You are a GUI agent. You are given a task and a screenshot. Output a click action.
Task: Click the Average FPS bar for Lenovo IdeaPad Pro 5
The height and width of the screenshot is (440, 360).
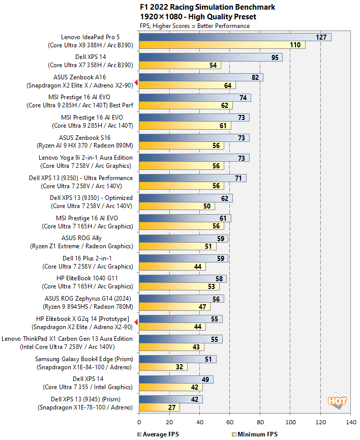(x=234, y=37)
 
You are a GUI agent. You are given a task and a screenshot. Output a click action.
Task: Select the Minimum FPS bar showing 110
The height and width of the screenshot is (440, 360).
(x=221, y=45)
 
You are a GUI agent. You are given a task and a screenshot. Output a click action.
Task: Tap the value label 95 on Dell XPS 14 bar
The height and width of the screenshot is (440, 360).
(x=275, y=57)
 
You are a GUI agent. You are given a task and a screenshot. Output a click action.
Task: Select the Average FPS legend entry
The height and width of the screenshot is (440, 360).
(x=158, y=434)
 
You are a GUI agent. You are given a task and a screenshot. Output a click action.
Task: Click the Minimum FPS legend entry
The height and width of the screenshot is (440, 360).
(x=254, y=434)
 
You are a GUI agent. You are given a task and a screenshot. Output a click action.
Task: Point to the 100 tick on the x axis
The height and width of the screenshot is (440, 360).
(x=290, y=422)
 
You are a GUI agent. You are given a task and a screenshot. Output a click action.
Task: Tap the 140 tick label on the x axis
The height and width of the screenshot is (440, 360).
(x=350, y=422)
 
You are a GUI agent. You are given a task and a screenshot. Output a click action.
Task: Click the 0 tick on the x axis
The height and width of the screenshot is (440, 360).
(x=139, y=422)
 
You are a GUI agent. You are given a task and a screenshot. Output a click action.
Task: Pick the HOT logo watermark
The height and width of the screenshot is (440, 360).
(x=337, y=401)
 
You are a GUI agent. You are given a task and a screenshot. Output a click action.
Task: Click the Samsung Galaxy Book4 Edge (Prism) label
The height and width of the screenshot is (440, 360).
(x=84, y=359)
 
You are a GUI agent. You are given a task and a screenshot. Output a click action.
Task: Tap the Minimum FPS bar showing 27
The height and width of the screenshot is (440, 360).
(x=159, y=407)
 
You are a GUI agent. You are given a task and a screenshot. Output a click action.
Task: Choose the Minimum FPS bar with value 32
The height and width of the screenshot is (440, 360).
(x=163, y=367)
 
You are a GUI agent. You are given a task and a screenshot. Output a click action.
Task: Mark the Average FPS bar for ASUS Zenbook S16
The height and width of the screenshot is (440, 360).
(x=193, y=138)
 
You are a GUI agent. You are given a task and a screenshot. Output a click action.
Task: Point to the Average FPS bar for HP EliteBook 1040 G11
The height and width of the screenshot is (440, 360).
(x=182, y=278)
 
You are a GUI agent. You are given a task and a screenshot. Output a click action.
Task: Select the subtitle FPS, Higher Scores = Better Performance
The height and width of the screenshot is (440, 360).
(x=194, y=25)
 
